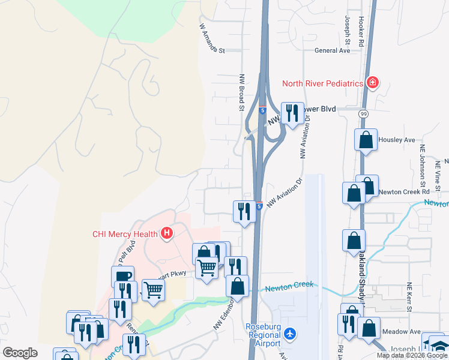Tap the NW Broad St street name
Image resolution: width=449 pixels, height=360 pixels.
243,92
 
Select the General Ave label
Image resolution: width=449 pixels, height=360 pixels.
333,51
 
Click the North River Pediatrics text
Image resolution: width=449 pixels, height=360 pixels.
324,83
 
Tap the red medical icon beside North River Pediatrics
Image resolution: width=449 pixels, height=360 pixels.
373,82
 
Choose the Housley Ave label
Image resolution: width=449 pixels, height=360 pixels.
402,140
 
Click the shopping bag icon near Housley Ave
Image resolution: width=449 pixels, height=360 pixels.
366,141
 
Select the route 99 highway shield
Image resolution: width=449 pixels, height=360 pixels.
364,113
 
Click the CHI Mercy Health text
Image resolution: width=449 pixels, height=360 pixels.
125,234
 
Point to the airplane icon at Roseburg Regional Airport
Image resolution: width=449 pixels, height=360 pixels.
291,333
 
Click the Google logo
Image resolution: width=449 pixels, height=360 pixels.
20,353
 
